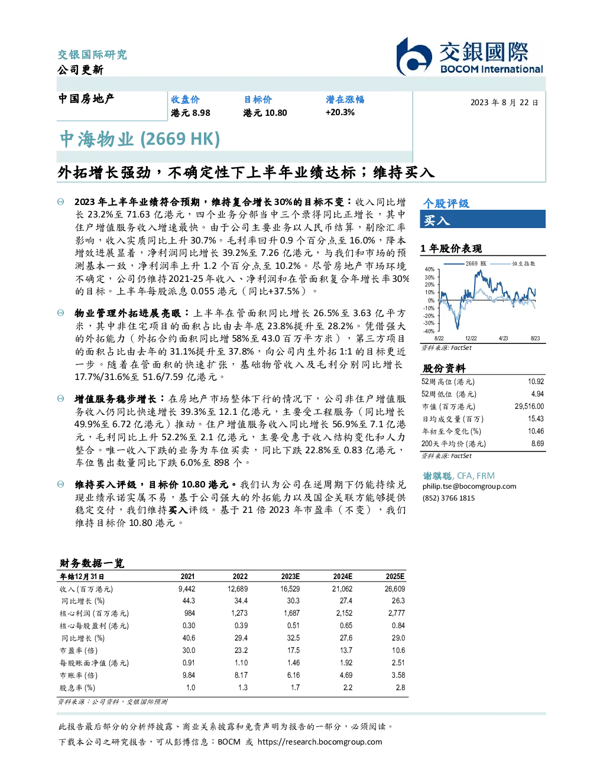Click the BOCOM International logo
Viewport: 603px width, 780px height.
coord(469,56)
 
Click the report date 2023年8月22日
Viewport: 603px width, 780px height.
coord(504,103)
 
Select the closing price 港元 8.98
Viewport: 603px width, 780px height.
coord(190,113)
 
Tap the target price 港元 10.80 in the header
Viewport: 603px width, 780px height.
coord(265,113)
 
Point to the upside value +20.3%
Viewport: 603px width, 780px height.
coord(340,112)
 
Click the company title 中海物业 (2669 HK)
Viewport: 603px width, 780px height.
coord(140,139)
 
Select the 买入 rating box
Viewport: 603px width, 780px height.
coord(482,219)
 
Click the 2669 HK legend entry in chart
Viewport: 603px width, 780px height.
coord(465,264)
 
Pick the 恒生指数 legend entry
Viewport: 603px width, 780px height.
coord(513,264)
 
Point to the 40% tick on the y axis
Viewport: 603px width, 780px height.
coord(430,269)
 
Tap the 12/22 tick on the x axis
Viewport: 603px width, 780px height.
coord(471,339)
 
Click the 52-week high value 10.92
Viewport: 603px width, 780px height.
coord(536,382)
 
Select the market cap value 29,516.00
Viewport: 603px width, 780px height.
coord(529,407)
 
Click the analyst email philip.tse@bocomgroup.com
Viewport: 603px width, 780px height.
coord(469,486)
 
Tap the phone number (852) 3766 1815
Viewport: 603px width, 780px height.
coord(449,498)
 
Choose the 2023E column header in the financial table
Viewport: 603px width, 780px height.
coord(290,577)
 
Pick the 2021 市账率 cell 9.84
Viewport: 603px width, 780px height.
coord(189,675)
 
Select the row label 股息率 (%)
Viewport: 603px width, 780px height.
coord(77,688)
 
